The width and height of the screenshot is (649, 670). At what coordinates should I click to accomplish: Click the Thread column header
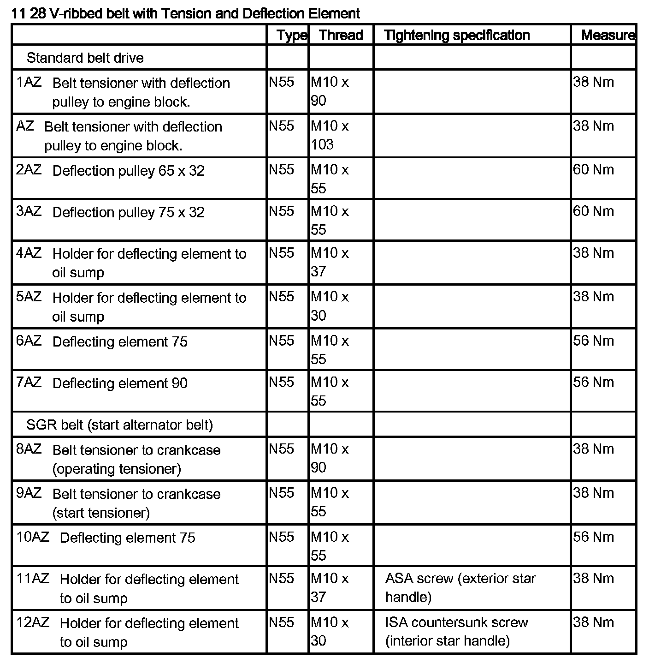click(x=341, y=35)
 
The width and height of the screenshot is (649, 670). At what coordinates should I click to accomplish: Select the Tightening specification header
click(x=457, y=35)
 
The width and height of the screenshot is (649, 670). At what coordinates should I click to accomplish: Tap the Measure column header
click(x=608, y=35)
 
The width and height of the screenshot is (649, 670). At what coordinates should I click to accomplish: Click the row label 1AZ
click(x=29, y=82)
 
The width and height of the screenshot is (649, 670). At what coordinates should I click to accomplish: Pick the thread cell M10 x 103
click(x=330, y=135)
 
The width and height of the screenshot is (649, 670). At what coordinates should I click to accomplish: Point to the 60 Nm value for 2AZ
click(x=593, y=170)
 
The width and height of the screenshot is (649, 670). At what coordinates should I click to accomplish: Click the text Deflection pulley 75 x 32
click(x=128, y=212)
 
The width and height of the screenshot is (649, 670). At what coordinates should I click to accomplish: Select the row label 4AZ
click(x=29, y=253)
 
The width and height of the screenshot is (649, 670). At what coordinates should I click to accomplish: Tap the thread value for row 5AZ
click(x=330, y=306)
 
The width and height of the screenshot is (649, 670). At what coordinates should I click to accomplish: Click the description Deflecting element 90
click(x=120, y=383)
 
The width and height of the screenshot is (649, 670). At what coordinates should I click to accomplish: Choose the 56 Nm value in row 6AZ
click(x=593, y=341)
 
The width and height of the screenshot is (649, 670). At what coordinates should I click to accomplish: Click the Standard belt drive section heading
click(x=85, y=58)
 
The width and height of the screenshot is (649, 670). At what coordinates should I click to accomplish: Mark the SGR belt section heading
click(x=119, y=425)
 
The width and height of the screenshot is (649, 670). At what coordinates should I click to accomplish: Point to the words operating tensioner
click(x=117, y=469)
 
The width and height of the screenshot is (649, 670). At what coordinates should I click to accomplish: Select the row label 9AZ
click(x=29, y=493)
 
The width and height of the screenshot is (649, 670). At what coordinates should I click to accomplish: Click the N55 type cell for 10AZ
click(x=281, y=537)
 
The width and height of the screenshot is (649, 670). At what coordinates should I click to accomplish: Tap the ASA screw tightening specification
click(x=460, y=587)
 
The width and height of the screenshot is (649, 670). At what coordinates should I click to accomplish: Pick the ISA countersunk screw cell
click(x=456, y=631)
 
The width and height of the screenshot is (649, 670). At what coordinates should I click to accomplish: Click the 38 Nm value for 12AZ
click(x=593, y=622)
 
